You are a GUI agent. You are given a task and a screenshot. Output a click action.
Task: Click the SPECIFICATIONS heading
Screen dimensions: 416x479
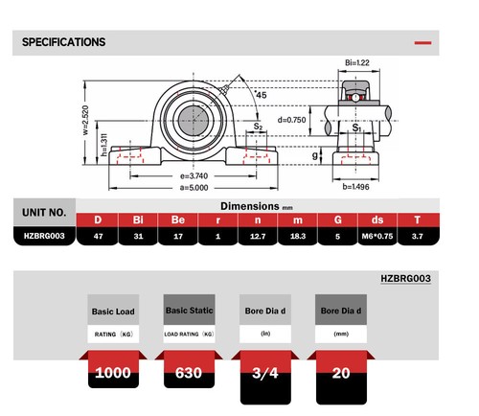(x=63, y=42)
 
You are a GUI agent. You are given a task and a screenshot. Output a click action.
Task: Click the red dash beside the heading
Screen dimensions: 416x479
(x=422, y=43)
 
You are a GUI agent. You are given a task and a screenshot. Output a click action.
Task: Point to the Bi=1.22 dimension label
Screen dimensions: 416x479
(x=358, y=63)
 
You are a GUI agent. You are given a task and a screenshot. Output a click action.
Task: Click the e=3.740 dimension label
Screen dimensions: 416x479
(x=194, y=176)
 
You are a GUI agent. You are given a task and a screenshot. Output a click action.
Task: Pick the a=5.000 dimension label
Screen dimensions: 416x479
(x=194, y=188)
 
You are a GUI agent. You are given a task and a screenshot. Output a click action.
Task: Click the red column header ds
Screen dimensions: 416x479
(x=377, y=220)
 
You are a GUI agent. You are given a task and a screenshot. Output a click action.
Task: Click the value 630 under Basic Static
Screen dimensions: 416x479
(x=189, y=371)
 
